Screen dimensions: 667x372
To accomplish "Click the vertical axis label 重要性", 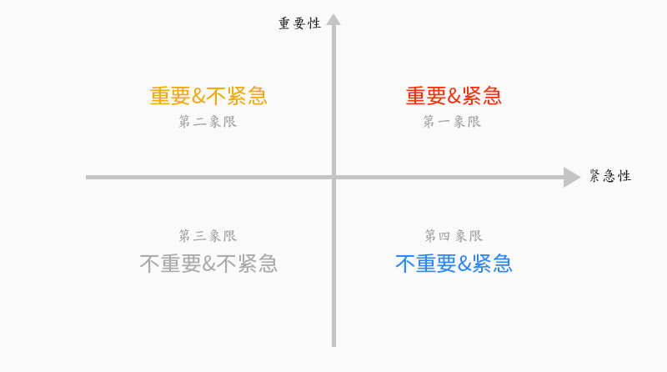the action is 299,23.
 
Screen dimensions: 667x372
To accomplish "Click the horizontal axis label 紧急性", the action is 610,176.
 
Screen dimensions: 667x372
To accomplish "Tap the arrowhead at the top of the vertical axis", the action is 333,19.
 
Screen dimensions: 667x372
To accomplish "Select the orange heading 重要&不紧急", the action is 208,96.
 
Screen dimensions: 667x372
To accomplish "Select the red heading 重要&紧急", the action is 454,96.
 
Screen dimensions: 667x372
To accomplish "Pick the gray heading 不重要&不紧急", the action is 208,264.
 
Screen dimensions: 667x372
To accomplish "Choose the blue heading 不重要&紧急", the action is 454,264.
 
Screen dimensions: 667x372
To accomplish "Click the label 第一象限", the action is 452,122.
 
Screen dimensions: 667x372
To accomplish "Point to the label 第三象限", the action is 208,236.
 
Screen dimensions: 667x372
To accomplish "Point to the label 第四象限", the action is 454,236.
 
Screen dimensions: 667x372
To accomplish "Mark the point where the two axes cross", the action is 333,177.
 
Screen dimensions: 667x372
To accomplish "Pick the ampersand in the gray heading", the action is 208,264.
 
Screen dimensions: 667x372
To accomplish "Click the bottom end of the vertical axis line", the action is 333,344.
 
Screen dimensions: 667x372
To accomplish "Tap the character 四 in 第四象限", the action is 446,236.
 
